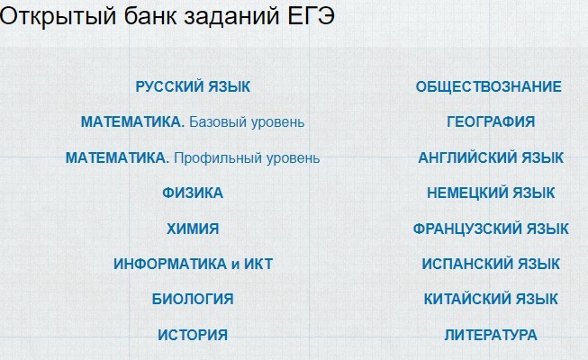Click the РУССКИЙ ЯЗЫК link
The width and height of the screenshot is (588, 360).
pyautogui.click(x=193, y=86)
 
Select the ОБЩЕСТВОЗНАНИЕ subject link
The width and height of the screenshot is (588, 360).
pyautogui.click(x=489, y=86)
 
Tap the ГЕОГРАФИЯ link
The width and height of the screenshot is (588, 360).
pyautogui.click(x=491, y=121)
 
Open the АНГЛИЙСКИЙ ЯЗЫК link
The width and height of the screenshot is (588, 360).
pyautogui.click(x=491, y=157)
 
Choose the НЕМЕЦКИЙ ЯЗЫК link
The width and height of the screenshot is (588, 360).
pyautogui.click(x=491, y=193)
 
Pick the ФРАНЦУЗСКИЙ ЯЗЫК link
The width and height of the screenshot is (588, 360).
pyautogui.click(x=491, y=229)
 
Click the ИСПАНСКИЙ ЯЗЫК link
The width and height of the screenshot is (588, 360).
pyautogui.click(x=491, y=264)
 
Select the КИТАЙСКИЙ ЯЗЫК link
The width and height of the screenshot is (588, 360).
pyautogui.click(x=491, y=299)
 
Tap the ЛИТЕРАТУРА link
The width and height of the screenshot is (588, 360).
pyautogui.click(x=491, y=335)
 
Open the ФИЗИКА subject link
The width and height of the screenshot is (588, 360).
pyautogui.click(x=193, y=193)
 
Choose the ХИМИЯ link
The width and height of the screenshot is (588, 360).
pyautogui.click(x=193, y=229)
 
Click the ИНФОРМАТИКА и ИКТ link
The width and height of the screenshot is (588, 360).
pyautogui.click(x=193, y=264)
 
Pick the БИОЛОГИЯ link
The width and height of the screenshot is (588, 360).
pyautogui.click(x=193, y=299)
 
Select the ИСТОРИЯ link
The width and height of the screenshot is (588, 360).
pyautogui.click(x=193, y=335)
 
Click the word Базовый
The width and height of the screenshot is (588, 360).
pyautogui.click(x=218, y=122)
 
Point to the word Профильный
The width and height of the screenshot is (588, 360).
pyautogui.click(x=218, y=158)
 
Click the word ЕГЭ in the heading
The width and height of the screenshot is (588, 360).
pyautogui.click(x=311, y=16)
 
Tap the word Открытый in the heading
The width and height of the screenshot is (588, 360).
pyautogui.click(x=59, y=17)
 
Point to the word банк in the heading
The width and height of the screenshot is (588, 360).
pyautogui.click(x=150, y=16)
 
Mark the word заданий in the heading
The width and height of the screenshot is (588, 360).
pyautogui.click(x=231, y=17)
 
